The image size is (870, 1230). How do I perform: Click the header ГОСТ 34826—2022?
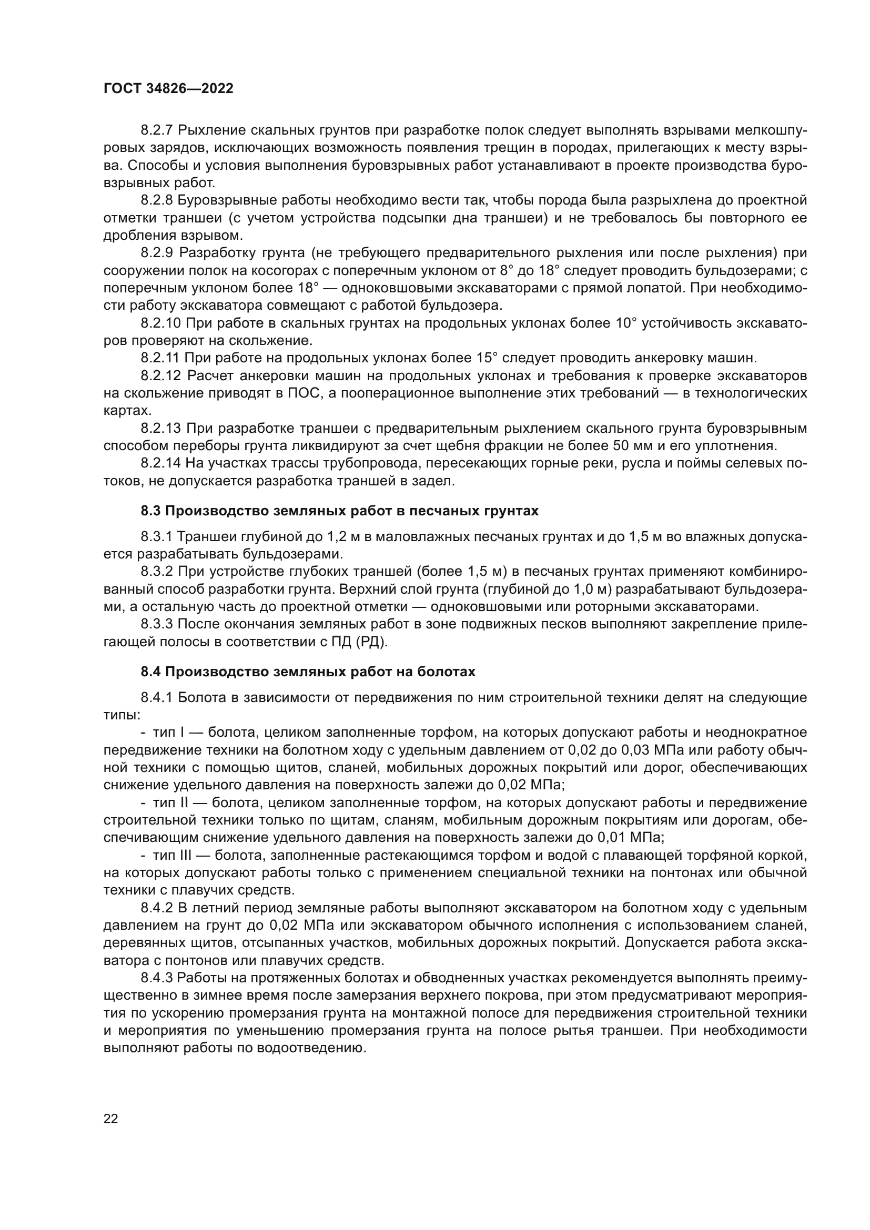point(168,89)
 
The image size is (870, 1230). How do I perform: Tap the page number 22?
point(110,1119)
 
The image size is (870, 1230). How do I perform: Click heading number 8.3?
point(150,511)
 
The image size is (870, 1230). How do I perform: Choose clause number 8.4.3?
point(157,978)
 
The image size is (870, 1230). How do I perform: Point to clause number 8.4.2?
point(157,908)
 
